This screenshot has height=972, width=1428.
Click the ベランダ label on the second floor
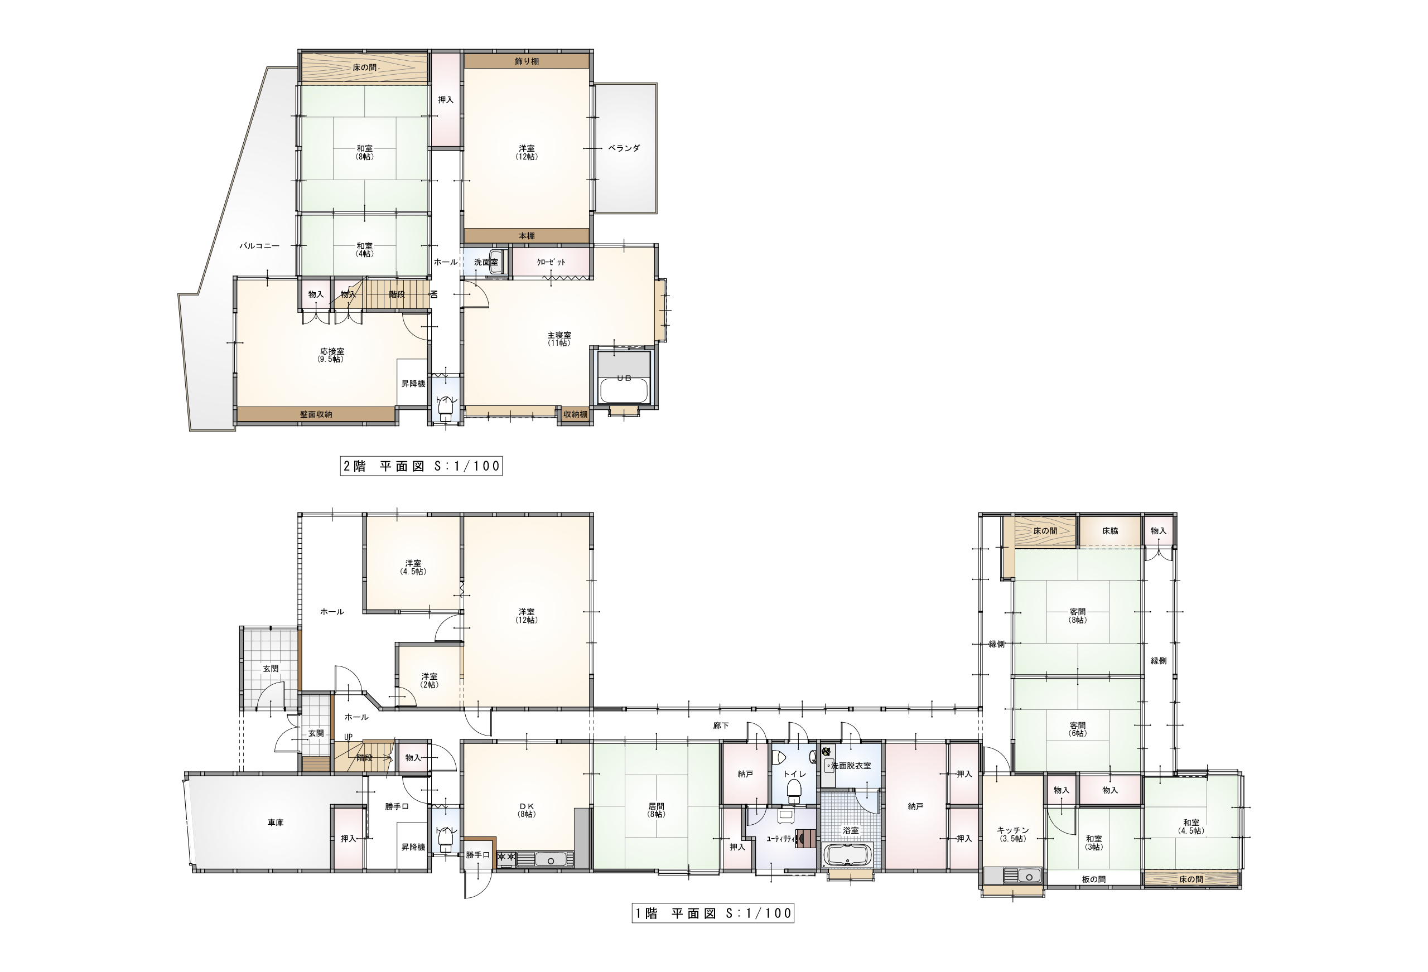pos(624,148)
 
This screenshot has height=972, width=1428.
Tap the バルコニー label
pos(259,246)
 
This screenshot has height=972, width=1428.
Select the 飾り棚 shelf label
pos(527,61)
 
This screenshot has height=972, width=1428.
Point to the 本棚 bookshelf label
pos(527,236)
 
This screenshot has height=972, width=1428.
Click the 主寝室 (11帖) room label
pos(559,339)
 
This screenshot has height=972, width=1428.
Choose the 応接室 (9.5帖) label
pos(332,355)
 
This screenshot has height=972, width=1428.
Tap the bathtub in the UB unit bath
pos(624,391)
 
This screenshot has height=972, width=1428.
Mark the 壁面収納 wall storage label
pos(316,415)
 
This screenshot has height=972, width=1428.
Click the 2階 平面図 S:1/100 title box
pos(422,466)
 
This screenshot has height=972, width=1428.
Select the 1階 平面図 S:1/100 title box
pos(713,913)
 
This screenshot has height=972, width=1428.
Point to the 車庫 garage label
pos(275,823)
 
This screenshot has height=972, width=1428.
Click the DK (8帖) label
pos(527,810)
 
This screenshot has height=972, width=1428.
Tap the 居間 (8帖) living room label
pos(656,810)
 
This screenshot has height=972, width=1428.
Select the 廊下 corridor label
pos(721,726)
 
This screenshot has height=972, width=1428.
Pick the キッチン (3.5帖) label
pos(1012,834)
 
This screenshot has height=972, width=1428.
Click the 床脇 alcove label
pos(1109,531)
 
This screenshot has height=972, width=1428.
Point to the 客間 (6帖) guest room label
pos(1078,729)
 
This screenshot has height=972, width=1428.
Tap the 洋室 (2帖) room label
pos(430,680)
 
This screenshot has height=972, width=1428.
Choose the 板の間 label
pos(1094,879)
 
